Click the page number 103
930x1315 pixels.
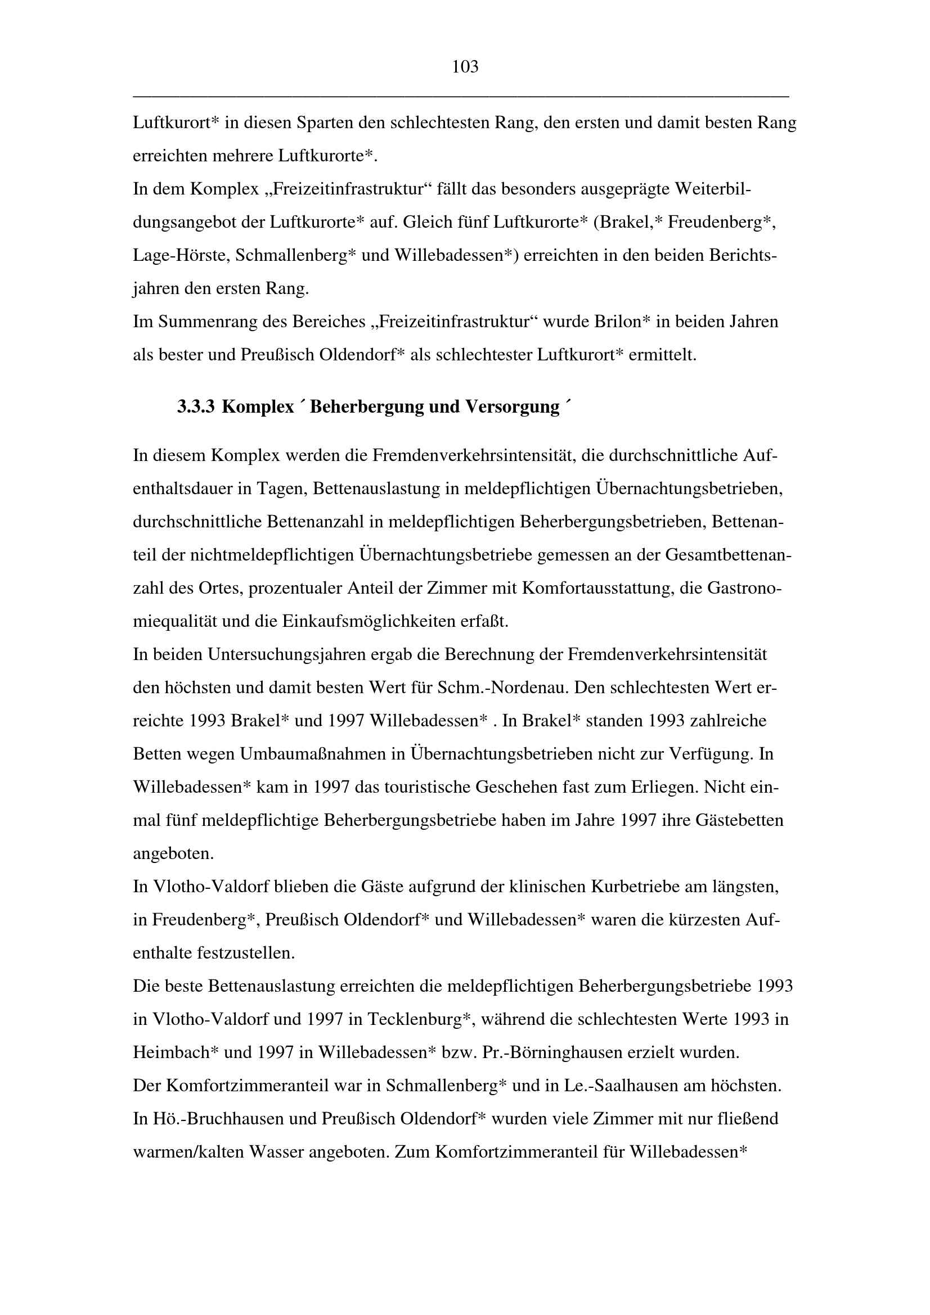click(x=465, y=67)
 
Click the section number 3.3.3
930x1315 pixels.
click(x=195, y=406)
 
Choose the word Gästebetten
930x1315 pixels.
click(x=739, y=820)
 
